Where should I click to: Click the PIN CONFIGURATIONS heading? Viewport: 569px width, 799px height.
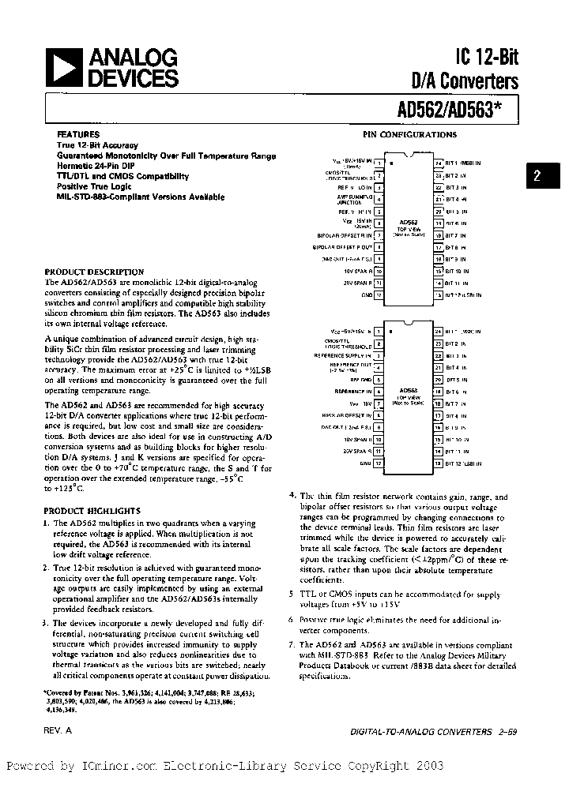coord(409,135)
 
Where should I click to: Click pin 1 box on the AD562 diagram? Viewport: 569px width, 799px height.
coord(379,163)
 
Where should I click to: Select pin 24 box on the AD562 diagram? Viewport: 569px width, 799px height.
coord(438,163)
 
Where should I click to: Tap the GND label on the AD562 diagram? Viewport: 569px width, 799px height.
coord(367,294)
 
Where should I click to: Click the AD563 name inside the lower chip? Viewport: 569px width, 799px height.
coord(409,389)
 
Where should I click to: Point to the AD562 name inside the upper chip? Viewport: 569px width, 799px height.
coord(409,222)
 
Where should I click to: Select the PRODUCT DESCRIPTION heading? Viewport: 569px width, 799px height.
coord(93,271)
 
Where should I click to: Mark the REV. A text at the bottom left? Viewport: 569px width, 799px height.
coord(58,731)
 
